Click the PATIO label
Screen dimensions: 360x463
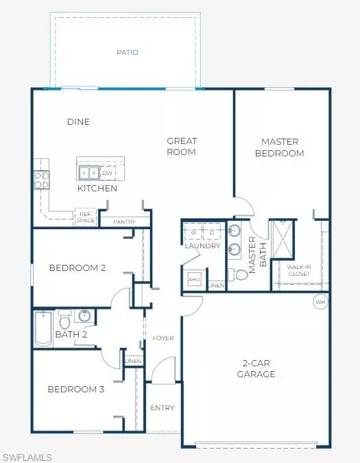coord(128,53)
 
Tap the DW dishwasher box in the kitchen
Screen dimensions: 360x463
coord(108,173)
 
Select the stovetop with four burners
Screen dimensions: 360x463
coord(41,180)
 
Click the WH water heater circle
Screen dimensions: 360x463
coord(320,302)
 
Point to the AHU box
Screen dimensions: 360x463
coord(194,279)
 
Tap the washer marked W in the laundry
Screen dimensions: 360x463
coord(193,232)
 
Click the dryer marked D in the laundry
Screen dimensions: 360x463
coord(212,232)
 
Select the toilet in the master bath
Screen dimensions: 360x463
coord(239,275)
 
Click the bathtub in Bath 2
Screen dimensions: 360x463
coord(43,329)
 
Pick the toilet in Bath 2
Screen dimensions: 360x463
coord(64,319)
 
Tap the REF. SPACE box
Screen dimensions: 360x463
coord(86,217)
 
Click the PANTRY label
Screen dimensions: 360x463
coord(124,222)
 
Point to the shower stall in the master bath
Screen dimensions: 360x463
coord(283,239)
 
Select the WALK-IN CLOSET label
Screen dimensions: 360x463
coord(299,270)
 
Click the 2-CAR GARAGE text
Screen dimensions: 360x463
coord(256,368)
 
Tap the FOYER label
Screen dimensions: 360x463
coord(163,338)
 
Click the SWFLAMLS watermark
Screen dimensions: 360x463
coord(27,458)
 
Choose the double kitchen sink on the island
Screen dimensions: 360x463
coord(88,173)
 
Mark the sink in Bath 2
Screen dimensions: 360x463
coord(84,316)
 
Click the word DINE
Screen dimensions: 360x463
coord(78,121)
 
